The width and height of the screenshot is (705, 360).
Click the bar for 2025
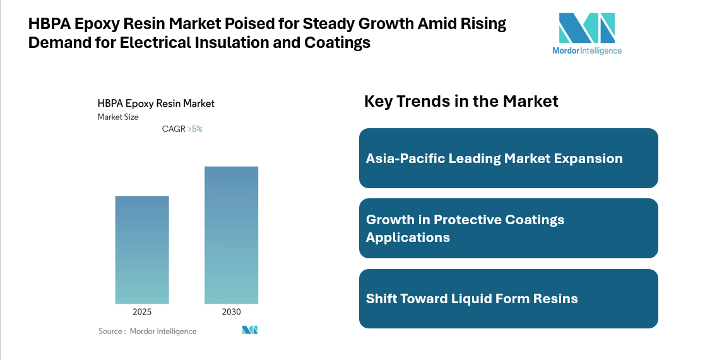[142, 249]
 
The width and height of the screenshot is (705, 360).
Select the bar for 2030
[231, 235]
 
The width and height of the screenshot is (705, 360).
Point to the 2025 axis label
[142, 312]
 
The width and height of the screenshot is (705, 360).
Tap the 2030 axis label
[231, 312]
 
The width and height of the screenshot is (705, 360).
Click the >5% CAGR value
[195, 129]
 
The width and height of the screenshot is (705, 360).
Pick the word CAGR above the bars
[174, 129]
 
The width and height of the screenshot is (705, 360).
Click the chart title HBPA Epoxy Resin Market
[156, 103]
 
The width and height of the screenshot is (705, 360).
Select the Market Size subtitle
[118, 117]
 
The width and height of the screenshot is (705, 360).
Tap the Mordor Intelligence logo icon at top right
[586, 28]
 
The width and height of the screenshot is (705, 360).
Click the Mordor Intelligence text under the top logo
[586, 51]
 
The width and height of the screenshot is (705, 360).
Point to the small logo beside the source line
[250, 330]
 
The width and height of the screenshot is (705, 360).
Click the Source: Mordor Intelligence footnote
[147, 331]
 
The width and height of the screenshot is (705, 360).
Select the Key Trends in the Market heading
[461, 101]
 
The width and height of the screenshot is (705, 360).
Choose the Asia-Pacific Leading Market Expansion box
[508, 158]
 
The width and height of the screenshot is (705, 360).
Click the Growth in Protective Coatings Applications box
[508, 228]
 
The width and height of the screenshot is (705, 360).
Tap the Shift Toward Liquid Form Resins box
[508, 298]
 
